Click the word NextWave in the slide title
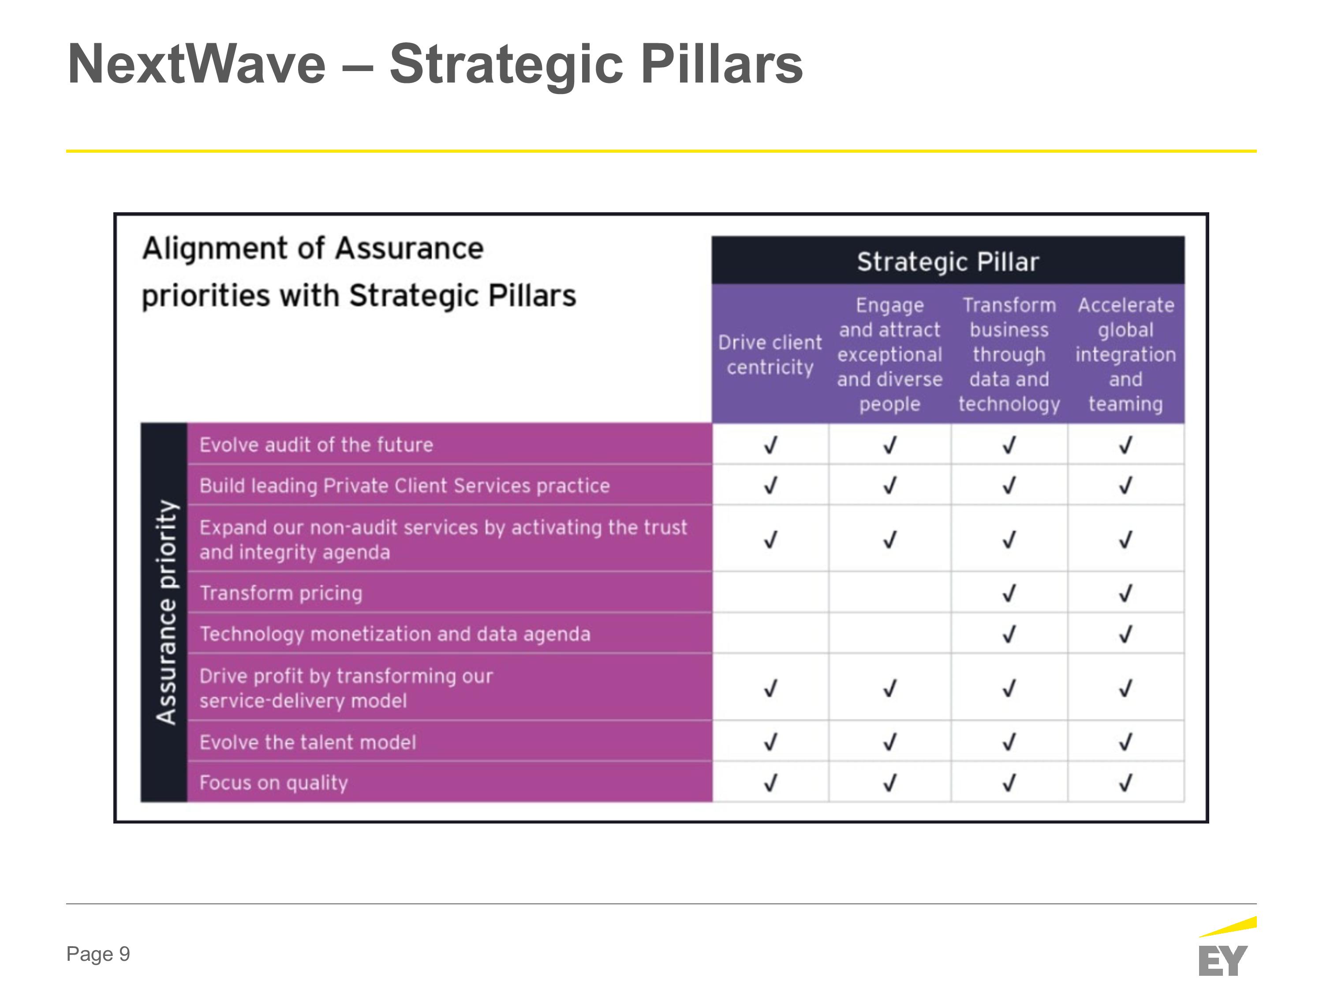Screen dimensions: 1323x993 pyautogui.click(x=197, y=64)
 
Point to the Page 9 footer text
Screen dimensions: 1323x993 pyautogui.click(x=98, y=954)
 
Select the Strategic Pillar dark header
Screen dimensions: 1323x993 pyautogui.click(x=948, y=261)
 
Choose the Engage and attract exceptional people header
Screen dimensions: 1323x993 pyautogui.click(x=889, y=354)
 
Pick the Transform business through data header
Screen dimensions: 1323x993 pyautogui.click(x=1009, y=354)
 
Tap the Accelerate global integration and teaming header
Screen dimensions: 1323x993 pyautogui.click(x=1125, y=354)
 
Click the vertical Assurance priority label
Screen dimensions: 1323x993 pyautogui.click(x=166, y=612)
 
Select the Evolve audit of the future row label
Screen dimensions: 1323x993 pyautogui.click(x=316, y=445)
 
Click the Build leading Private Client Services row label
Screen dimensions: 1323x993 pyautogui.click(x=405, y=485)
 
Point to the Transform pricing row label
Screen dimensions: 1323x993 pyautogui.click(x=281, y=593)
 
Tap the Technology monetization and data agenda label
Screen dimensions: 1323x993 pyautogui.click(x=395, y=634)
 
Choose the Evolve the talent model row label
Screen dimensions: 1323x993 pyautogui.click(x=307, y=742)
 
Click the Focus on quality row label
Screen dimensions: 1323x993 pyautogui.click(x=273, y=783)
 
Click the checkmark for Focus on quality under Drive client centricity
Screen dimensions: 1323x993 pyautogui.click(x=770, y=782)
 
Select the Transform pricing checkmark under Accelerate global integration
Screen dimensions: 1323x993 pyautogui.click(x=1125, y=593)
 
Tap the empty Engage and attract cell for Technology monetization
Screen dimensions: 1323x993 pyautogui.click(x=890, y=633)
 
